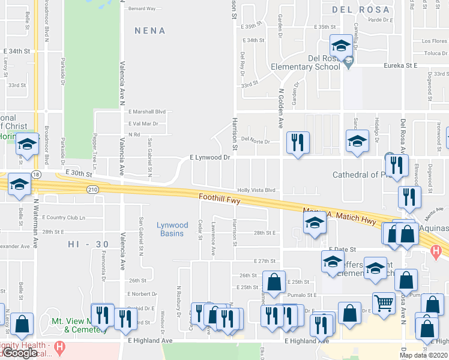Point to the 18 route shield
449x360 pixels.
click(x=37, y=173)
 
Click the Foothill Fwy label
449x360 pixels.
click(x=220, y=199)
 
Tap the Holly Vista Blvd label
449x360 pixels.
click(x=256, y=189)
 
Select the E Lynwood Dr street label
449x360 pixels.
click(x=210, y=157)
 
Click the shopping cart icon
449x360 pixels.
click(x=384, y=302)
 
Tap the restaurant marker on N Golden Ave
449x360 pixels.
click(x=297, y=142)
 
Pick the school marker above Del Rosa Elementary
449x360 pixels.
click(x=341, y=45)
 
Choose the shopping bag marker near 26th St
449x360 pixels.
click(x=274, y=282)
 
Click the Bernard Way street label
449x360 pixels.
click(x=142, y=9)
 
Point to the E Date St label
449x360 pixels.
click(x=342, y=248)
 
